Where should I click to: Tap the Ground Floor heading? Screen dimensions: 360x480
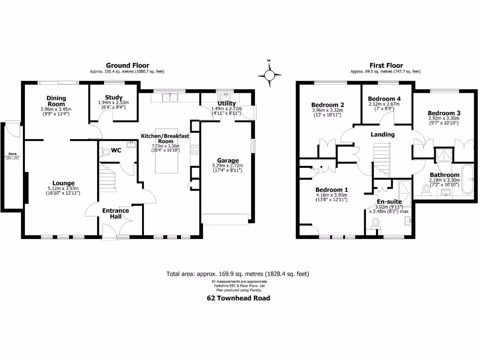127,66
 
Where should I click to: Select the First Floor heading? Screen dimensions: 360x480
386,66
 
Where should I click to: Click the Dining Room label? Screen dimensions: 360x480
56,101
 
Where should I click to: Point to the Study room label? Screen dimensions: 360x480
113,97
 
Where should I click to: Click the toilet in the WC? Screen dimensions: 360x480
106,152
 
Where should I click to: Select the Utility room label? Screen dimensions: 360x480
226,104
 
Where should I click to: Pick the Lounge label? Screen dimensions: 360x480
63,183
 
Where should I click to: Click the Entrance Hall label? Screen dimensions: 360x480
115,214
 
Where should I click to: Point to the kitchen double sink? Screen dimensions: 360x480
169,97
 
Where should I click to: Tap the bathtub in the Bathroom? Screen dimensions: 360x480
468,179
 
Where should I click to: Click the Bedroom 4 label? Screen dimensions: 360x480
384,99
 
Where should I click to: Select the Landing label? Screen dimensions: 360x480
382,135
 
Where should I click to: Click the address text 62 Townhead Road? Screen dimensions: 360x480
239,298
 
